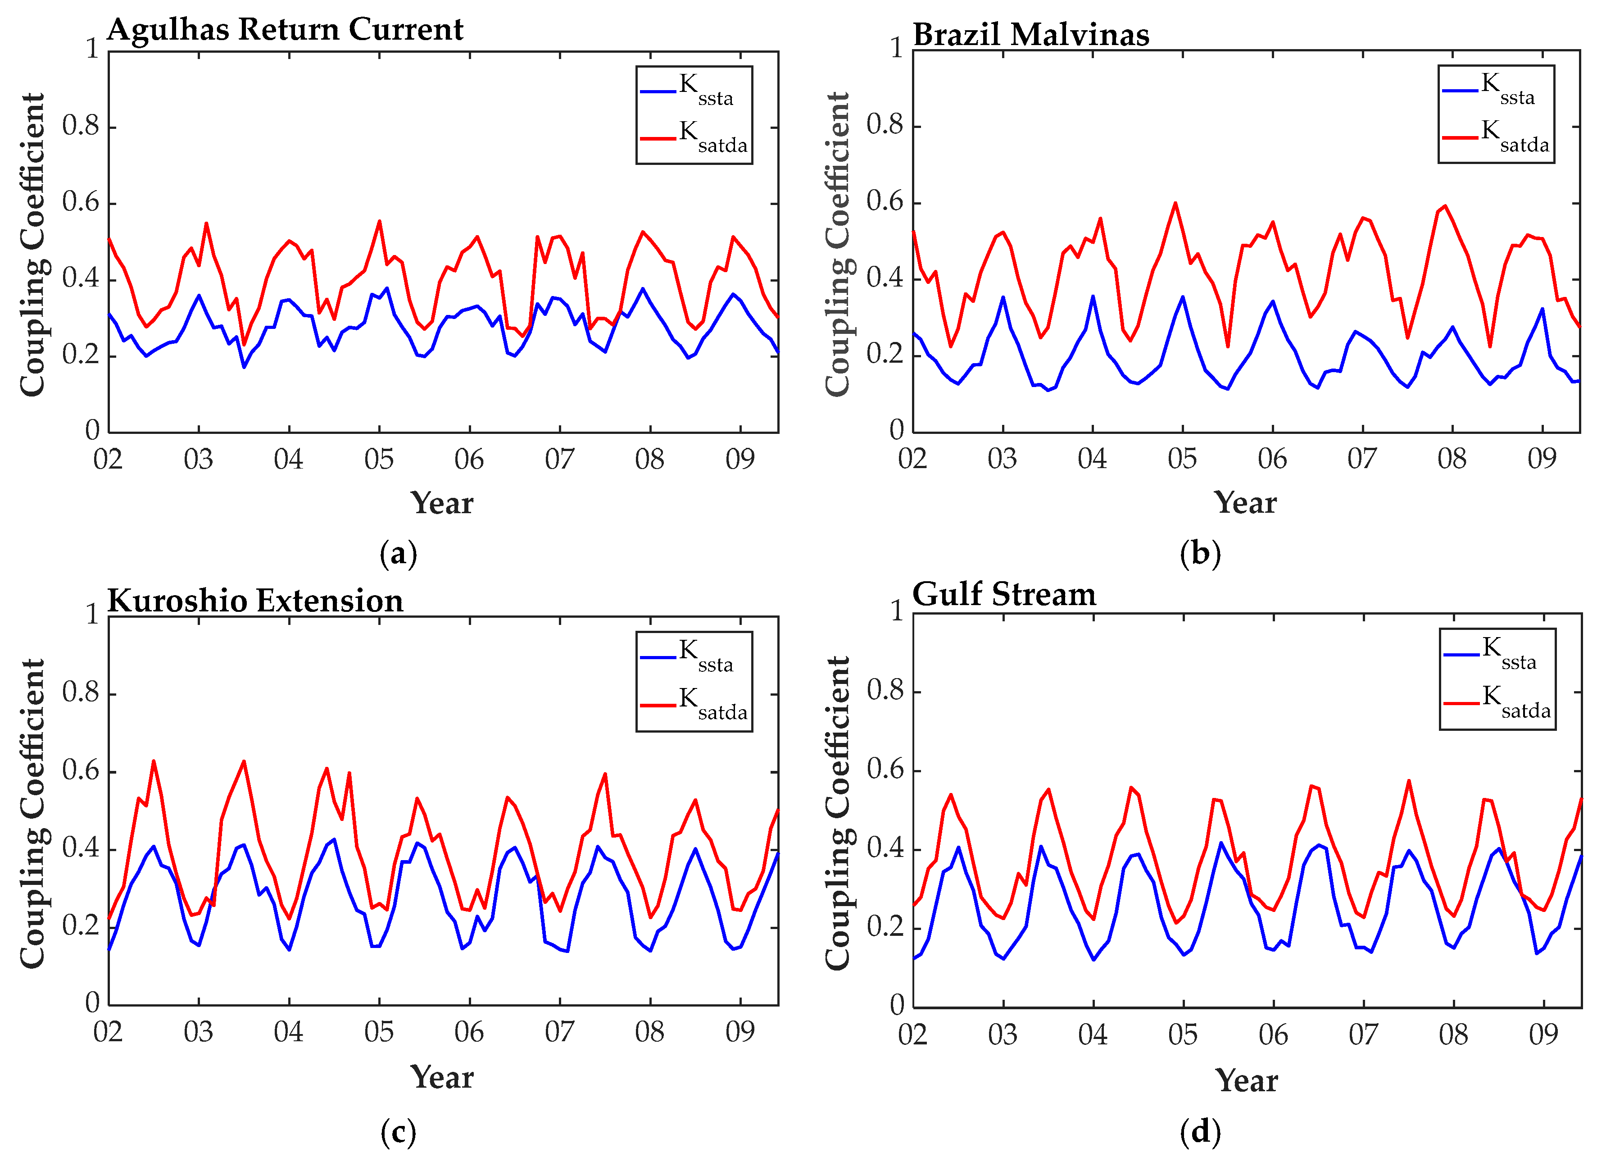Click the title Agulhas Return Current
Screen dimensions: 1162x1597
285,30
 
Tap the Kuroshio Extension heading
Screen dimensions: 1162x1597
255,601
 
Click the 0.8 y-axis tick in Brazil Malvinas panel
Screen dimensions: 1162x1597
885,125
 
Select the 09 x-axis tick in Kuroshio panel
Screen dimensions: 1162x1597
740,1032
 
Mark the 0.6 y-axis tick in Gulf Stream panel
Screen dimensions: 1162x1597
885,770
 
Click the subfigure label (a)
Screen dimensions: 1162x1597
399,554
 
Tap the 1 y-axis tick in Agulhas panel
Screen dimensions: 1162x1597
91,49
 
